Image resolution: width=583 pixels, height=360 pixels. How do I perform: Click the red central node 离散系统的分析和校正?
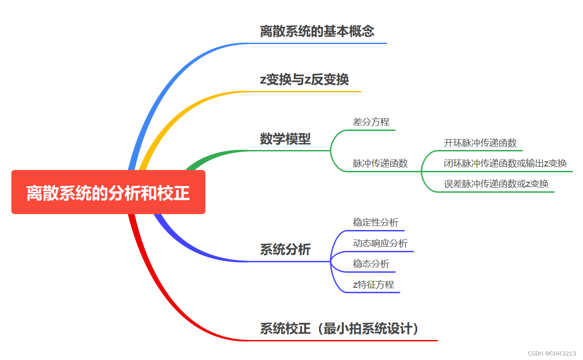click(108, 192)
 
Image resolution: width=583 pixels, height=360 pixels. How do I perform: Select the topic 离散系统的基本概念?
click(317, 31)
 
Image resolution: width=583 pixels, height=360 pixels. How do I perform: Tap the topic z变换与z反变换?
click(304, 80)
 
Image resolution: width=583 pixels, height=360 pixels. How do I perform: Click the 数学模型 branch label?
click(285, 139)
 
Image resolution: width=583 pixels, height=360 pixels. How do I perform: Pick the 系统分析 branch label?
click(285, 250)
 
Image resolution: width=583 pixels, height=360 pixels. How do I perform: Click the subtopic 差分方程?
click(371, 122)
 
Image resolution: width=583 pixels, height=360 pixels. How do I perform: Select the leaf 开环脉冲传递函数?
click(480, 143)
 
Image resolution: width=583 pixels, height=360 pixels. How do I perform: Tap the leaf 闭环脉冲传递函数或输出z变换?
click(505, 164)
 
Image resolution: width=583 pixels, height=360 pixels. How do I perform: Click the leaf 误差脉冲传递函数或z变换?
click(496, 184)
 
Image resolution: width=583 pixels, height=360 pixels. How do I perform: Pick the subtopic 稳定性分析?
click(375, 222)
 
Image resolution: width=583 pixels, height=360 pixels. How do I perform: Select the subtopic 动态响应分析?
click(380, 243)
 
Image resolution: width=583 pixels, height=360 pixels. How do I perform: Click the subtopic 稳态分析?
click(371, 264)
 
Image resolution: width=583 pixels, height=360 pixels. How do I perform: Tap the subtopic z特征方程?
click(373, 285)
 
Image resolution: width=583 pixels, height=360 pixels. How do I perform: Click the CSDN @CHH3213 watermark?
click(552, 353)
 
